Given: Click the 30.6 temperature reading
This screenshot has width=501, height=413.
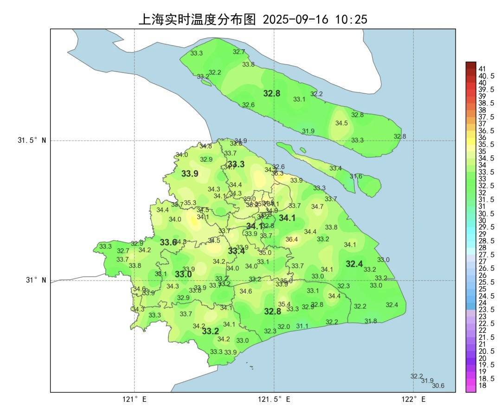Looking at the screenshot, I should [x=438, y=386].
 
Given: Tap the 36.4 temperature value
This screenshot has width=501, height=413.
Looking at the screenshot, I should [x=291, y=239].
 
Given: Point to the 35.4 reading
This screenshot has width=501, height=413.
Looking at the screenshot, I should [x=284, y=304].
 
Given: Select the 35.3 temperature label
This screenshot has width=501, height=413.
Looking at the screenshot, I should [x=190, y=203].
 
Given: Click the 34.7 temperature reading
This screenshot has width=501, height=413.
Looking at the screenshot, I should [x=317, y=207].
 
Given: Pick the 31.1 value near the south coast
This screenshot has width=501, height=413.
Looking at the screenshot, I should [x=302, y=326].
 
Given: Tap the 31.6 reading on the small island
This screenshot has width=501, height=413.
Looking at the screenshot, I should [x=356, y=176].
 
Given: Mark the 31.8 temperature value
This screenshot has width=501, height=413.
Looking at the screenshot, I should [x=371, y=321].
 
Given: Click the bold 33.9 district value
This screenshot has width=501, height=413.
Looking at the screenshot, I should [x=190, y=174].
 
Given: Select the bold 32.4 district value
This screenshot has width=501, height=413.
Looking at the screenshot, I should [x=354, y=264].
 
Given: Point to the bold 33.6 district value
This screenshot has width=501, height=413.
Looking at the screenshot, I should [x=168, y=243].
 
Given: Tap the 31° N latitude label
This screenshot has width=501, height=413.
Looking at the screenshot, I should [x=35, y=280].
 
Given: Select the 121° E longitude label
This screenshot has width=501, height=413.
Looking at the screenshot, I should [x=135, y=400].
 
